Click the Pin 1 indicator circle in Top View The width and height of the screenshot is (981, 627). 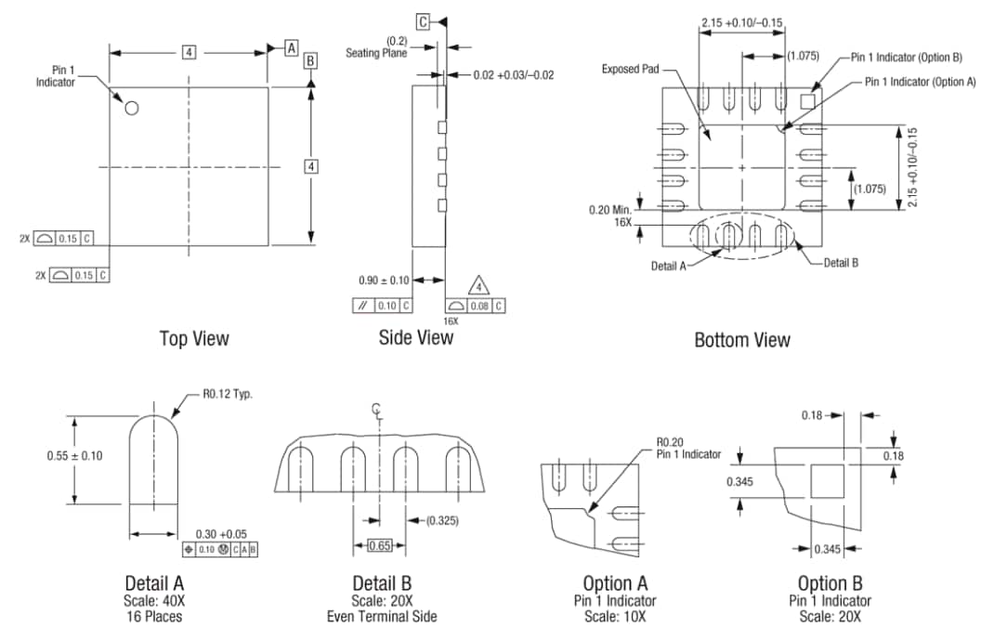pos(132,108)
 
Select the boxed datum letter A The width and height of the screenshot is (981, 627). pos(291,47)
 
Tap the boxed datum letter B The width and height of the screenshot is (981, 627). pos(310,60)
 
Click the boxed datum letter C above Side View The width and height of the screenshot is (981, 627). pos(424,21)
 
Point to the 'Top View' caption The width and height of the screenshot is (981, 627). pos(194,339)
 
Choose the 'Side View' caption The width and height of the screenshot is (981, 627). pos(416,337)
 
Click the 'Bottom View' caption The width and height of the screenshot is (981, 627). pos(742,340)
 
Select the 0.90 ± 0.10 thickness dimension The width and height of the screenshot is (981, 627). pos(384,280)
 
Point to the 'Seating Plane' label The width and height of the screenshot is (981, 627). pos(376,53)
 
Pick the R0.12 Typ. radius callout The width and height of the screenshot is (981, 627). pos(228,393)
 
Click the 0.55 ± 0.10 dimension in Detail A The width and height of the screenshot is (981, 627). pos(74,455)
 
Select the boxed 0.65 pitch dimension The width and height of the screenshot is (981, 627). pos(379,545)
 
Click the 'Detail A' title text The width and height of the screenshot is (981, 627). pos(154,583)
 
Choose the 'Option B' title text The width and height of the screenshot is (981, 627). pos(830,583)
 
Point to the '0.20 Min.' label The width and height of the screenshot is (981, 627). pos(610,210)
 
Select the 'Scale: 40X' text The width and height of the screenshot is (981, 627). pos(154,600)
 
